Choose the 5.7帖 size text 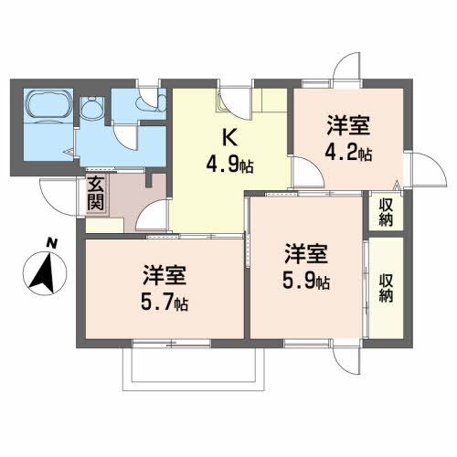(x=167, y=300)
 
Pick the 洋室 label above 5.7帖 (x=165, y=272)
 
